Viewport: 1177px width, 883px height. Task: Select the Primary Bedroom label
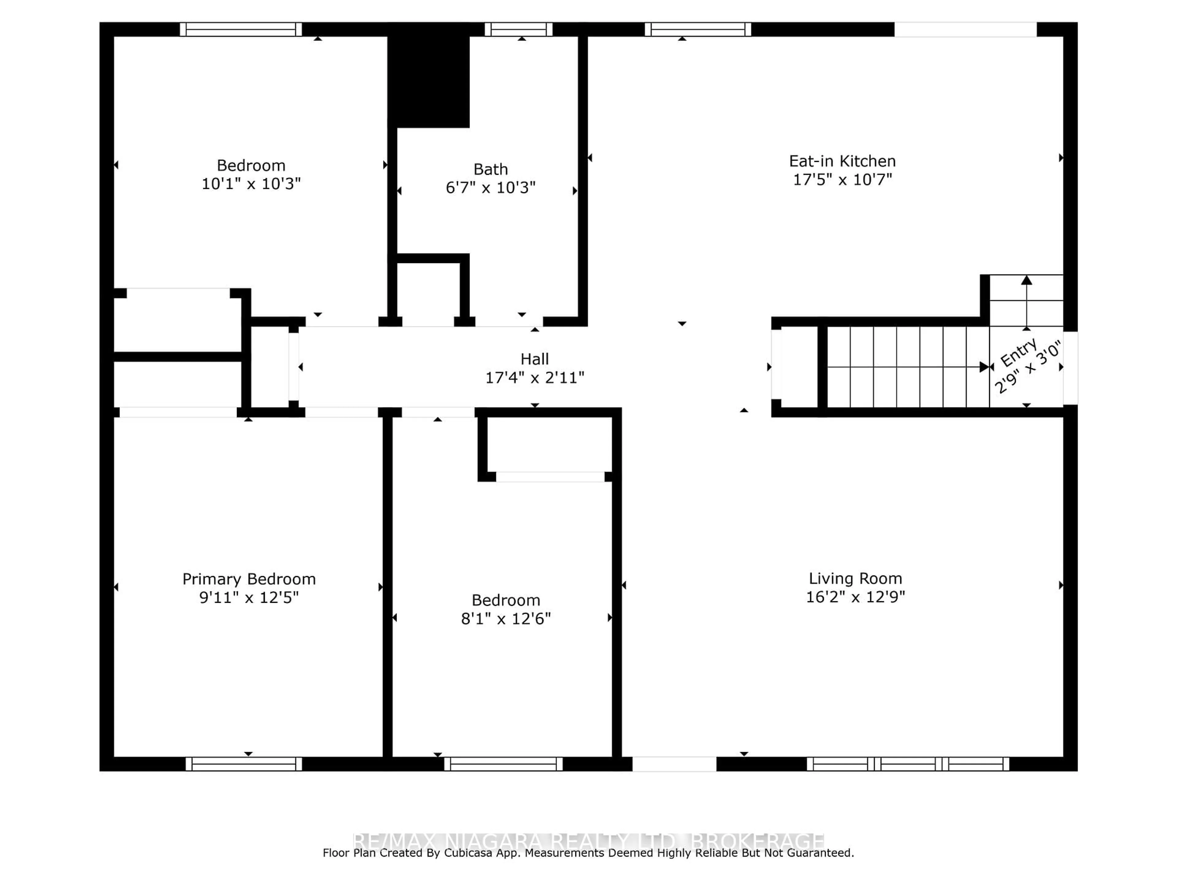249,579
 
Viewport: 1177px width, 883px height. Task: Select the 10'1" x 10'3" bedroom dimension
251,184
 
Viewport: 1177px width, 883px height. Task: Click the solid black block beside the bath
429,80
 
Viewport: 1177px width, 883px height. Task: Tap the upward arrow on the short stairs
1027,281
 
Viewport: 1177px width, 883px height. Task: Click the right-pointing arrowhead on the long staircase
984,367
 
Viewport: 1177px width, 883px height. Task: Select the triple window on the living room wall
908,764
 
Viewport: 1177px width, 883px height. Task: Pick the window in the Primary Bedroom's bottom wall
244,764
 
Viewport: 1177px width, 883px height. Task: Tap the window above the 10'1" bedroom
241,29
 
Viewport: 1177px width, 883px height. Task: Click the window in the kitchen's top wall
698,29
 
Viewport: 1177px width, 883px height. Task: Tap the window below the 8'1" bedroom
503,764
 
